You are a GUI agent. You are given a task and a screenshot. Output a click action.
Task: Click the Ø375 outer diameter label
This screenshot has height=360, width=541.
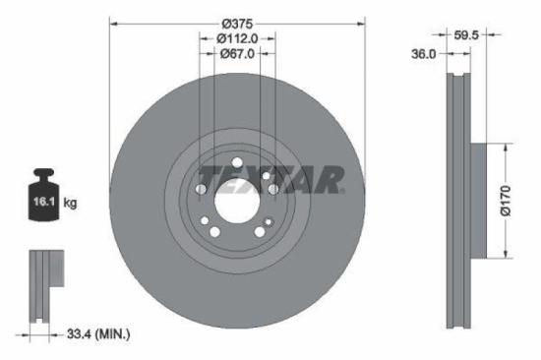pos(236,23)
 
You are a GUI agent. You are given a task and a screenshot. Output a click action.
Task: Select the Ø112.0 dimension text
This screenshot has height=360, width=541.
pos(236,38)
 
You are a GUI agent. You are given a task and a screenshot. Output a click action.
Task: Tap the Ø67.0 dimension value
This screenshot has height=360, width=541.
pos(236,54)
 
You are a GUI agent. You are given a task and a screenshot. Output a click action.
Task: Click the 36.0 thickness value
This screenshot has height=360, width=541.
pos(423,55)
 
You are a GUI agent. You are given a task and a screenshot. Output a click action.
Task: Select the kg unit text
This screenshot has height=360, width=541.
pos(71,204)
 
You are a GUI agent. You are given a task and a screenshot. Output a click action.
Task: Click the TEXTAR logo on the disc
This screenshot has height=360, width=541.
pos(270,180)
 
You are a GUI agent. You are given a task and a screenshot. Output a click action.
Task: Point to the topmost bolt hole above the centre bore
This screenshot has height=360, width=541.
pos(236,162)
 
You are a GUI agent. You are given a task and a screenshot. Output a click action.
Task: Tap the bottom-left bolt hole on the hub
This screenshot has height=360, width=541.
pos(213,232)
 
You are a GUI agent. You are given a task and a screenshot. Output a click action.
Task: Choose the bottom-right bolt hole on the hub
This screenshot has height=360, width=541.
pos(260,232)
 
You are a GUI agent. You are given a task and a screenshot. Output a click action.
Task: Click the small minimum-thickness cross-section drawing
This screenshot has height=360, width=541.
pos(40,285)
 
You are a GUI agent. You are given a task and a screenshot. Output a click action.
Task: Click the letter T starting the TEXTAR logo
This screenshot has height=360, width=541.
pos(205,180)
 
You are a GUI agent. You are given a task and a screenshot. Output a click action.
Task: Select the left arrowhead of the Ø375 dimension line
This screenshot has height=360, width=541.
pos(111,23)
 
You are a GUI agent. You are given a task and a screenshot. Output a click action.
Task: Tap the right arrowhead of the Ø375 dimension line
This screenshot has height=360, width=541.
pos(362,23)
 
